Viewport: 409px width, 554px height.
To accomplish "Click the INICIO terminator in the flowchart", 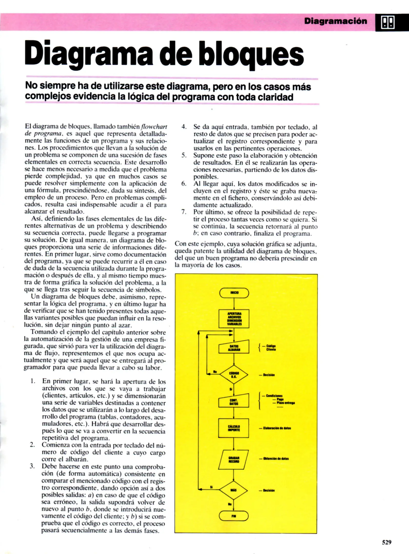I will (x=234, y=293).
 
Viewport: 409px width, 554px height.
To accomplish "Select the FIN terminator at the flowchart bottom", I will (x=234, y=516).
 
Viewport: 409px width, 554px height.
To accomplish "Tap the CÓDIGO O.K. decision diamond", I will (x=234, y=375).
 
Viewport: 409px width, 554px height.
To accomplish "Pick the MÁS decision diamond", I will (x=233, y=490).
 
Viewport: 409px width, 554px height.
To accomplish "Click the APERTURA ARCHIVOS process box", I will (x=234, y=319).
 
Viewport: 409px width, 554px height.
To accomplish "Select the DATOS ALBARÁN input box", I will (x=234, y=348).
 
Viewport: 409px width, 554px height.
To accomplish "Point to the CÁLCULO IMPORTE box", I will (x=234, y=428).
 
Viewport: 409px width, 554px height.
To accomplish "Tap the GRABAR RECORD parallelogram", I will (x=233, y=460).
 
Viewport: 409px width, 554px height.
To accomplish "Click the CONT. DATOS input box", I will (x=234, y=402).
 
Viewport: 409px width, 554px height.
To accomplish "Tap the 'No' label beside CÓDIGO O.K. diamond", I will (x=215, y=371).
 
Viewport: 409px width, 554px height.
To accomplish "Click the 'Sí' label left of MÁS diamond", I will (x=211, y=487).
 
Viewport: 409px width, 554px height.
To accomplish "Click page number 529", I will (x=387, y=542).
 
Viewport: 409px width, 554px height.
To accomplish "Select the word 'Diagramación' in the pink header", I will (x=335, y=21).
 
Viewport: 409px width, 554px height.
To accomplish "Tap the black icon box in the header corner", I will (x=388, y=23).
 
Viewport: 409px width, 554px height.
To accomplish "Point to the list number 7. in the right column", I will (x=184, y=212).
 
